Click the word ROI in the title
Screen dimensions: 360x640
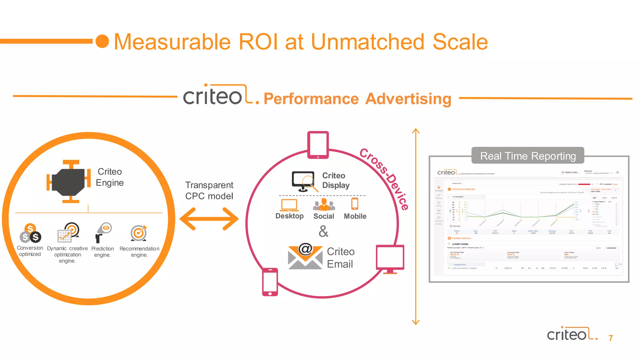coord(258,42)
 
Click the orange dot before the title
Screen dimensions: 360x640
coord(102,42)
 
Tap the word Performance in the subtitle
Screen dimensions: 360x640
coord(311,99)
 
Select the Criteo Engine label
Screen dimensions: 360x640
coord(109,177)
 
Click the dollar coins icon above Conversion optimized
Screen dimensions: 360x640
coord(30,233)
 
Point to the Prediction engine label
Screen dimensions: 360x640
coord(102,252)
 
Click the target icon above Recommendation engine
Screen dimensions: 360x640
coord(139,233)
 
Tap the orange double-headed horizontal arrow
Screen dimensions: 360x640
coord(209,219)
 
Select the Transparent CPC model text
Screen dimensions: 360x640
coord(209,190)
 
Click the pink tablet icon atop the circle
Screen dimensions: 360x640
coord(318,145)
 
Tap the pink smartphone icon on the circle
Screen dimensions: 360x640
coord(270,282)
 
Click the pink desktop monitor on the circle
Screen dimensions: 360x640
coord(390,259)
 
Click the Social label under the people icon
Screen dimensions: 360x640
coord(323,216)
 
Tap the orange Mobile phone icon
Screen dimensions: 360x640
coord(355,204)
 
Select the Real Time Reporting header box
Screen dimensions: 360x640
coord(527,156)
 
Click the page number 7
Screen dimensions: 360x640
coord(611,338)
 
